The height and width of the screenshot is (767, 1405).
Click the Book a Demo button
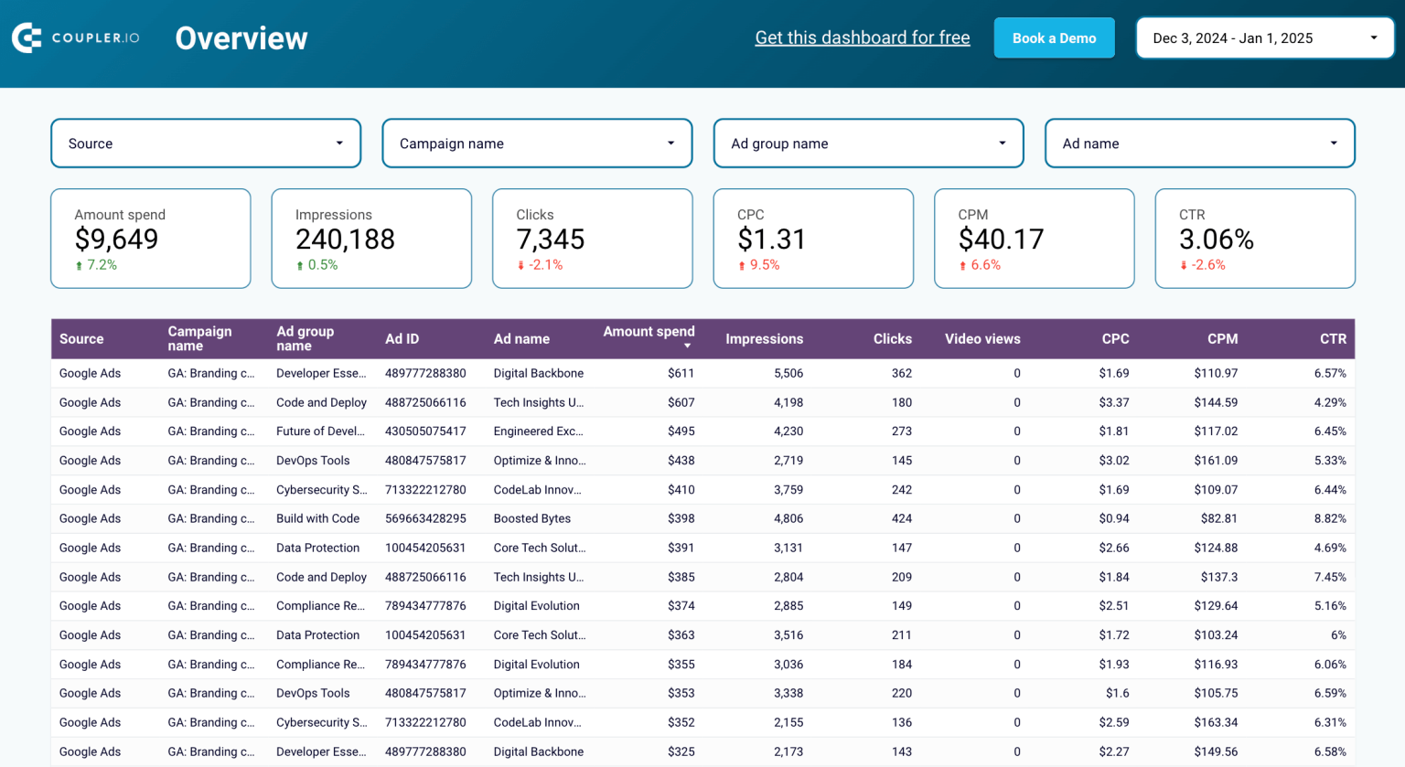point(1054,38)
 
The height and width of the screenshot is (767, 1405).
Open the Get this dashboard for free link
point(862,37)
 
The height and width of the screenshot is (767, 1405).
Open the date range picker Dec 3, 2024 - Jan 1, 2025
point(1264,38)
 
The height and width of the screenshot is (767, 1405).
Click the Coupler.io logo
point(76,37)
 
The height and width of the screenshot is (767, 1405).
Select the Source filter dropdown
point(206,144)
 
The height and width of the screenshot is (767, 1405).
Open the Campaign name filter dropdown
point(537,144)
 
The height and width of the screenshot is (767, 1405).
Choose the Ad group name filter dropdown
point(868,144)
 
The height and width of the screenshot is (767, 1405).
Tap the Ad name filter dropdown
point(1199,144)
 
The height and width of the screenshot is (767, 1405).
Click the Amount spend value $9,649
point(116,240)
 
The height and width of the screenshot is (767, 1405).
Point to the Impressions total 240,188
point(345,240)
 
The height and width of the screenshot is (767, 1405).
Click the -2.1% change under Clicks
point(545,265)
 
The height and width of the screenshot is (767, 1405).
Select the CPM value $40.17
point(1001,240)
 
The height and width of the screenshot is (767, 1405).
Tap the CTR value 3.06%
point(1216,240)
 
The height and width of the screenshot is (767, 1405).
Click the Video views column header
point(981,339)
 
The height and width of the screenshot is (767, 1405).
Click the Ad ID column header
point(402,339)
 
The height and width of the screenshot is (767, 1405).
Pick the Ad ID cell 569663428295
point(425,518)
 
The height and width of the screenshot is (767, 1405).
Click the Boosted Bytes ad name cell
point(531,518)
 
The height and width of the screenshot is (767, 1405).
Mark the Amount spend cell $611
point(681,373)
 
